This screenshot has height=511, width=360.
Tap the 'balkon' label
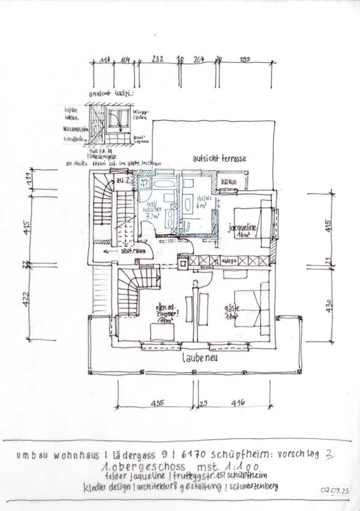tap(228, 181)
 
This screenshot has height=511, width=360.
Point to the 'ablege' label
tap(230, 260)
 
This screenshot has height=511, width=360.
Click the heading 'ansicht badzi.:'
tap(111, 95)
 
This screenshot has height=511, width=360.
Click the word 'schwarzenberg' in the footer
tap(251, 485)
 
